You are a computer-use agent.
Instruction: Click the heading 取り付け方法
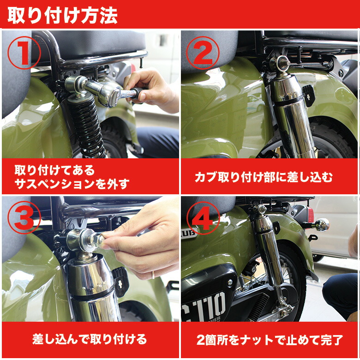tap(63, 15)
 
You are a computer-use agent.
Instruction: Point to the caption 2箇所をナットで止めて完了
tap(270, 340)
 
